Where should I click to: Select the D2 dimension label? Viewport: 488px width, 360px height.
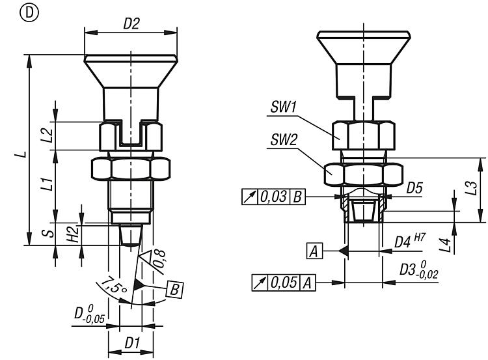pos(132,24)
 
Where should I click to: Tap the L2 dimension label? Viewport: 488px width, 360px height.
pos(46,135)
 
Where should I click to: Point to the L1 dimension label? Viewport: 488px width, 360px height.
pos(46,185)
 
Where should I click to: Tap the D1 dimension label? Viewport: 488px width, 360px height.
pos(131,340)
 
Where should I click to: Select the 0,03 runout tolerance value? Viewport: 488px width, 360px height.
pos(273,197)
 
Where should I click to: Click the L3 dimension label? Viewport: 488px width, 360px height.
pos(467,189)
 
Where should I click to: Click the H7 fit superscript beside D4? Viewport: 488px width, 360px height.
pos(420,238)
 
